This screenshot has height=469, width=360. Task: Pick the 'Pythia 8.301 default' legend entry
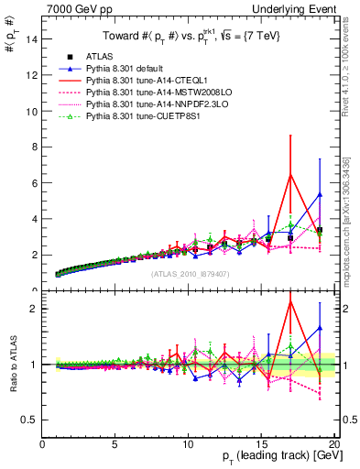121,69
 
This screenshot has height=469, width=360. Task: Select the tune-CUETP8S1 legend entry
136,116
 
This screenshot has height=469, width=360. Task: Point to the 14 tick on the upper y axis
31,39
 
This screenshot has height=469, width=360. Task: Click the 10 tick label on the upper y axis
31,112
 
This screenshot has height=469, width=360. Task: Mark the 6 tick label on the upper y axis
34,183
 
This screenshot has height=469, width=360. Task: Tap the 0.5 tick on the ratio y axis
29,420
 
